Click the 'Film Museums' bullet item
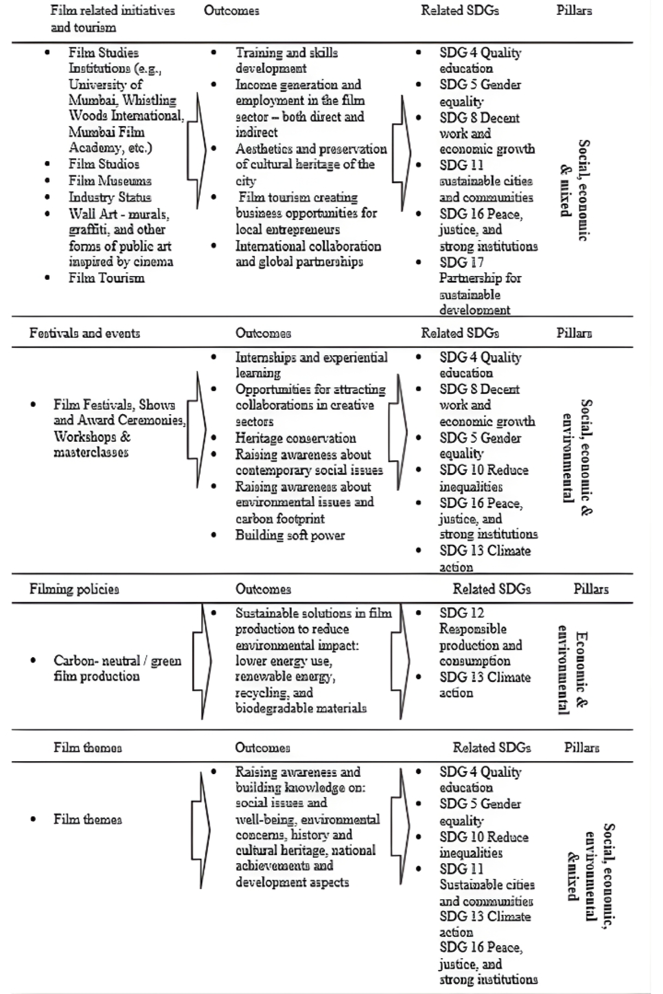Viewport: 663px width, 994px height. pos(110,181)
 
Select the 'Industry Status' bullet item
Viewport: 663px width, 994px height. pos(110,197)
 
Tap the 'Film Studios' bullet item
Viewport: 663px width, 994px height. pos(104,164)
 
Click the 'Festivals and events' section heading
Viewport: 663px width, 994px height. pos(85,333)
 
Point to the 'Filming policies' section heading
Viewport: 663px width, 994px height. pos(74,589)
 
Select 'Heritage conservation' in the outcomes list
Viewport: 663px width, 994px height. pos(296,438)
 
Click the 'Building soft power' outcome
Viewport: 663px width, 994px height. pos(290,535)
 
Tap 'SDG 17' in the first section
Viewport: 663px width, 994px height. pos(461,262)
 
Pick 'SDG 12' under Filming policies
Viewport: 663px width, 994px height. pos(461,613)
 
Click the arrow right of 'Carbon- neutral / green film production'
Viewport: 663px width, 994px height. pos(202,662)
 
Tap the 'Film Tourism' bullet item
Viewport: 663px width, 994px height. pos(106,278)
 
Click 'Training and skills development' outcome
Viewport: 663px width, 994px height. pos(286,60)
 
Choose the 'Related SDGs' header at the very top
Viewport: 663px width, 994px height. pos(459,11)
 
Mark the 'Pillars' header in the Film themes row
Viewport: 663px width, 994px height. pos(582,747)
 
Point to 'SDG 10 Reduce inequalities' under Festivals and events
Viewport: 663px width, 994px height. pos(483,478)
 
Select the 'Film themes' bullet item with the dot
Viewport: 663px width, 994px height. pos(87,819)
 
